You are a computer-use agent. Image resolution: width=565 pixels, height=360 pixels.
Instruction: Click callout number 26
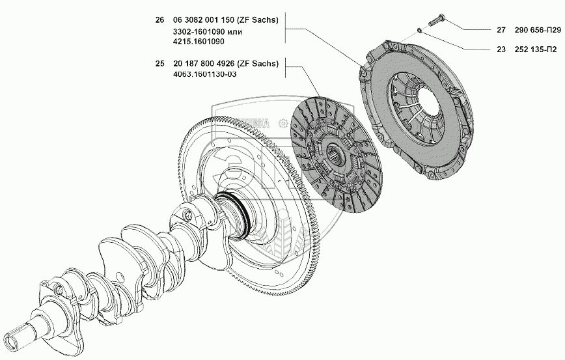[159, 20]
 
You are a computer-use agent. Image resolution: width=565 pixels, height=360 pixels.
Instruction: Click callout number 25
[159, 64]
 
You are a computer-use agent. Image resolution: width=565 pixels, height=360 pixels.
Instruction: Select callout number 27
[501, 29]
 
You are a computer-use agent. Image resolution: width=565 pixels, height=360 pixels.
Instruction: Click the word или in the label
[235, 31]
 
